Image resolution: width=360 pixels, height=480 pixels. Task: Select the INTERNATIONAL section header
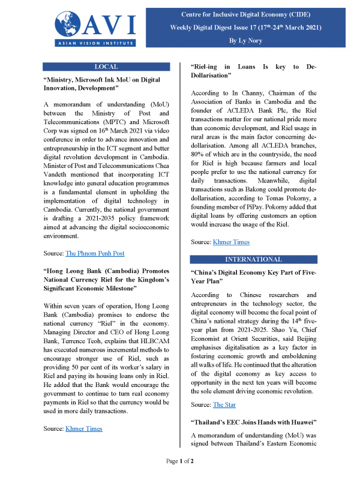click(x=253, y=259)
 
